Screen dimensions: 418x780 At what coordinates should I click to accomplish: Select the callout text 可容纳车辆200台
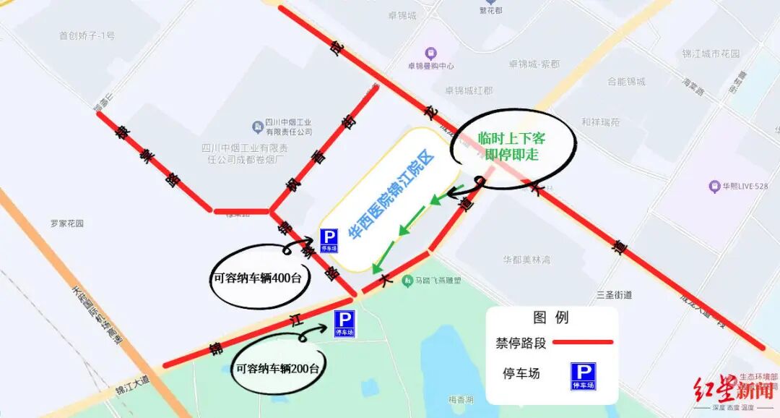(x=277, y=368)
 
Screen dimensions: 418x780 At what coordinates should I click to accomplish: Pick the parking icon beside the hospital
(x=329, y=239)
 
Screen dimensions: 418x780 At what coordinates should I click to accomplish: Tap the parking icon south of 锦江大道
(x=344, y=323)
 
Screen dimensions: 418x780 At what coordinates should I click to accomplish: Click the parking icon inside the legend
(x=583, y=376)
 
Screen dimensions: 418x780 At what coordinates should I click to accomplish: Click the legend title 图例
(x=551, y=317)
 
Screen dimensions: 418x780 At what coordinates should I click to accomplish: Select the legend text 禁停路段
(x=520, y=343)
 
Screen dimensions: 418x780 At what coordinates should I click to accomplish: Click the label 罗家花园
(x=67, y=223)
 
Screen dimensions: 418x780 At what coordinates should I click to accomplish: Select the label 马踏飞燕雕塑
(x=436, y=281)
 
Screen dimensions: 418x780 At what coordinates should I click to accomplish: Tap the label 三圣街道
(x=615, y=294)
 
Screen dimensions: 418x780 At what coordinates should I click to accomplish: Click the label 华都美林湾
(x=526, y=259)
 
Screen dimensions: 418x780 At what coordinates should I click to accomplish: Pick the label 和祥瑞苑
(x=600, y=122)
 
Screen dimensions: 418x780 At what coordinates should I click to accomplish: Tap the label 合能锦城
(x=626, y=82)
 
